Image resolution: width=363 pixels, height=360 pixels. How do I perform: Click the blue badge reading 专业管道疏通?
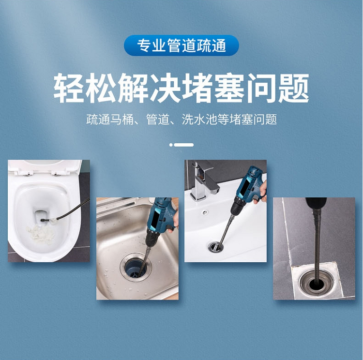pyautogui.click(x=181, y=45)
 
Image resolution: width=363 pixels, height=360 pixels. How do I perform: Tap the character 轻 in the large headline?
pyautogui.click(x=69, y=88)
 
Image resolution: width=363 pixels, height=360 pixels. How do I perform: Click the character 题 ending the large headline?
pyautogui.click(x=294, y=88)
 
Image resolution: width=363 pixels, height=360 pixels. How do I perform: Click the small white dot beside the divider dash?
pyautogui.click(x=171, y=145)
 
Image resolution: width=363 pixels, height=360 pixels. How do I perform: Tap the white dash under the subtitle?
pyautogui.click(x=184, y=145)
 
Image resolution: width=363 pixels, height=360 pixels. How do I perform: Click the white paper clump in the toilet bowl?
pyautogui.click(x=41, y=234)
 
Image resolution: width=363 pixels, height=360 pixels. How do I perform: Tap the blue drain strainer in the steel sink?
pyautogui.click(x=135, y=269)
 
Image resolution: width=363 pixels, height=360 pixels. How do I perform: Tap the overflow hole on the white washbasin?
pyautogui.click(x=204, y=212)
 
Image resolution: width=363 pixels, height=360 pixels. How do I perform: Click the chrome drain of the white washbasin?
pyautogui.click(x=215, y=247)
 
